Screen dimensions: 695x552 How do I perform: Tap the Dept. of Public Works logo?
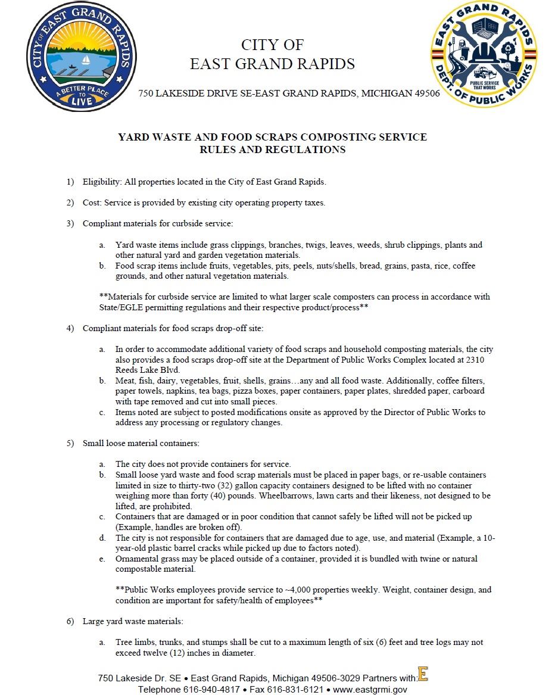coord(483,55)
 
